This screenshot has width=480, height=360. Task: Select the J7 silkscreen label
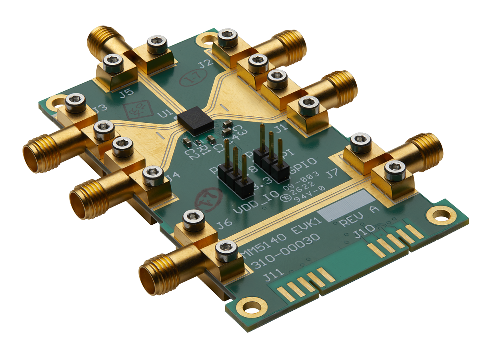tap(333, 175)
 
